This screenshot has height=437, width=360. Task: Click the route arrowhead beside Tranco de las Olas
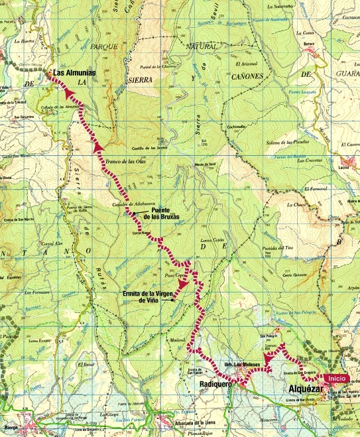click(x=98, y=145)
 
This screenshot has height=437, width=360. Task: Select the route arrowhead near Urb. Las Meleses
click(x=269, y=359)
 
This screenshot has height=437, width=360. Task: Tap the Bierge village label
click(x=10, y=428)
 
